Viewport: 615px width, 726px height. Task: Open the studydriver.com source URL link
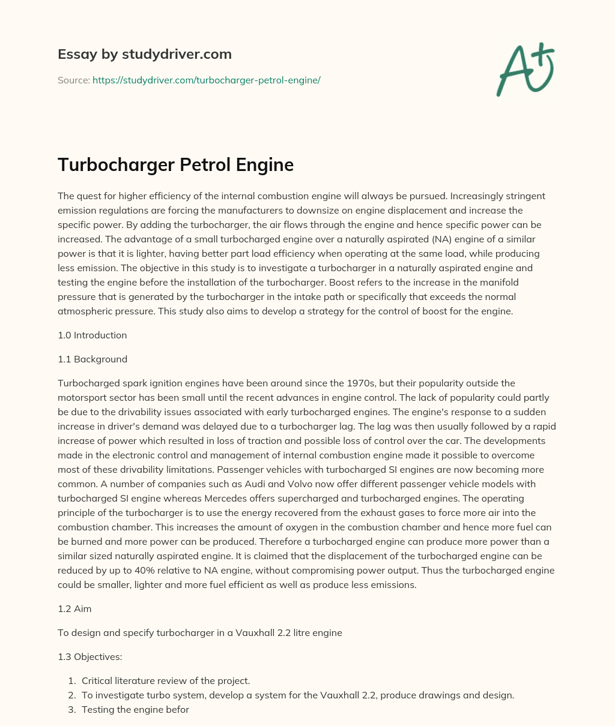coord(206,80)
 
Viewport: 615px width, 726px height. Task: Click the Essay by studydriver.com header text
coord(144,54)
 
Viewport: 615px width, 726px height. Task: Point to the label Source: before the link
coord(73,80)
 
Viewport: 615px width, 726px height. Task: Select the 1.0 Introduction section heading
coord(92,335)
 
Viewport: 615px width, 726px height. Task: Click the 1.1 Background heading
coord(92,359)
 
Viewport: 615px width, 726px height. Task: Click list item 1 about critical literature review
coord(165,680)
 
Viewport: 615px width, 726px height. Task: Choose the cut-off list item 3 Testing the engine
coord(135,709)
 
